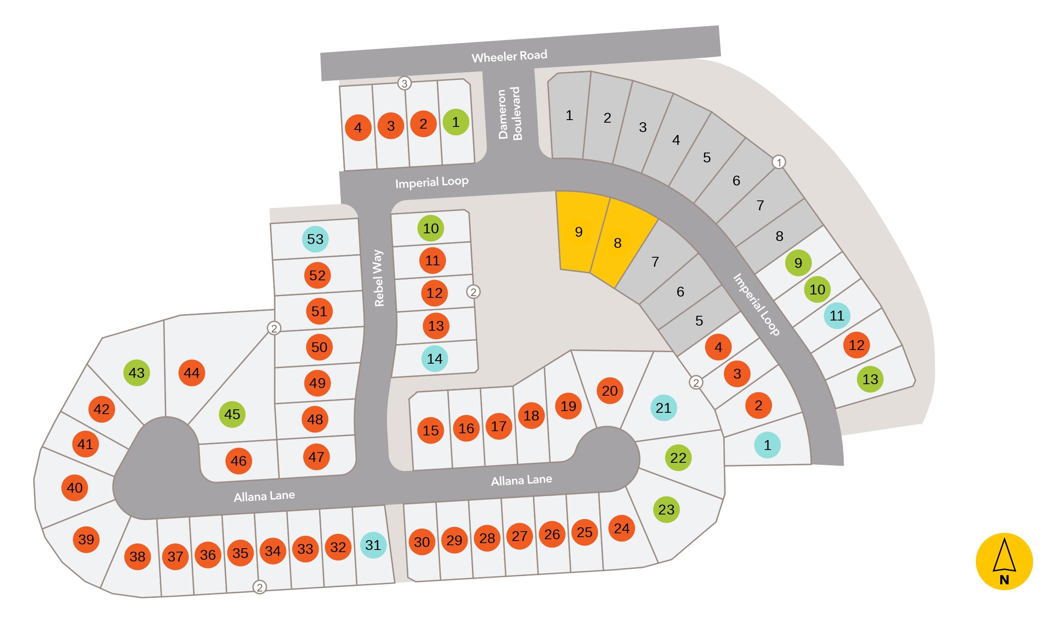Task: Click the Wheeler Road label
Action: pyautogui.click(x=509, y=56)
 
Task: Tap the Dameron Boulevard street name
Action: pyautogui.click(x=510, y=114)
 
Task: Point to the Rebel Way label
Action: pyautogui.click(x=379, y=278)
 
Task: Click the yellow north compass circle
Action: pyautogui.click(x=1004, y=561)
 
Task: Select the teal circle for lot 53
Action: pyautogui.click(x=315, y=239)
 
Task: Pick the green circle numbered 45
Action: pyautogui.click(x=232, y=414)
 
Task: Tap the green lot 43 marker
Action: pyautogui.click(x=137, y=373)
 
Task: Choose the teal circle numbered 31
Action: pyautogui.click(x=373, y=545)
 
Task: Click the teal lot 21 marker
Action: pyautogui.click(x=663, y=408)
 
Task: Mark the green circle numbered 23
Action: pyautogui.click(x=666, y=509)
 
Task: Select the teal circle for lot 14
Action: pyautogui.click(x=435, y=359)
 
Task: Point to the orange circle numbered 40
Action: pyautogui.click(x=75, y=488)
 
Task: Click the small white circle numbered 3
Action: pyautogui.click(x=404, y=83)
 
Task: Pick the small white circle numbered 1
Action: pyautogui.click(x=779, y=162)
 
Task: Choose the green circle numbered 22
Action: pyautogui.click(x=678, y=458)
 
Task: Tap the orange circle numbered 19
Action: pyautogui.click(x=568, y=406)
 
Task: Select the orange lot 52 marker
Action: pyautogui.click(x=317, y=275)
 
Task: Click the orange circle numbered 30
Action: pyautogui.click(x=422, y=542)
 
